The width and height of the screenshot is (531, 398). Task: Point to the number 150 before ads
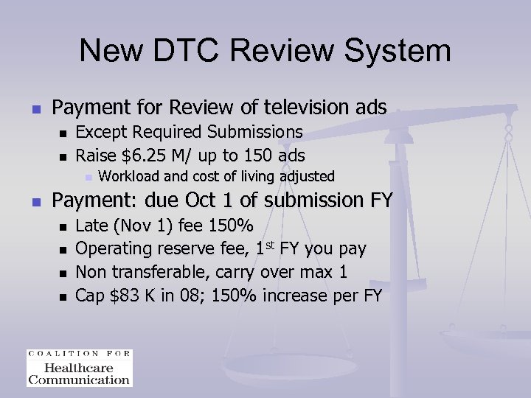pyautogui.click(x=255, y=156)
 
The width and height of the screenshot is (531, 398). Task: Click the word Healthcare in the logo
pyautogui.click(x=79, y=368)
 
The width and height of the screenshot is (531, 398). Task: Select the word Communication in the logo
pyautogui.click(x=79, y=380)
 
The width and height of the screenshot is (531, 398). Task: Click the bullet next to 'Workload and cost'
pyautogui.click(x=88, y=177)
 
